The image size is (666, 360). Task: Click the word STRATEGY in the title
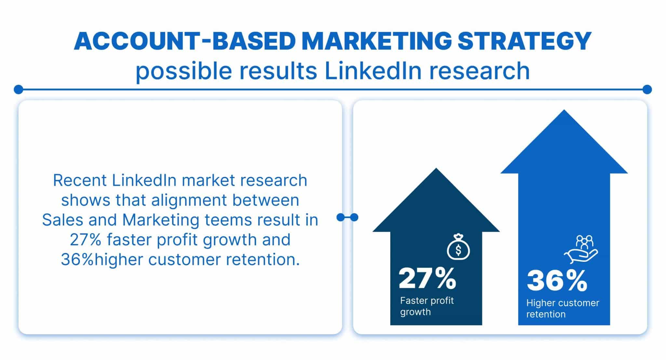click(x=524, y=41)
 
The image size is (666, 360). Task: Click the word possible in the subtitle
click(x=183, y=71)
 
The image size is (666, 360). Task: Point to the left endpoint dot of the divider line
click(x=19, y=89)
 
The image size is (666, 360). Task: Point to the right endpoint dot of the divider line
click(x=647, y=89)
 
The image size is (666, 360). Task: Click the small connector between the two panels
click(x=347, y=217)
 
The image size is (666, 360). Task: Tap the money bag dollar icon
click(x=458, y=248)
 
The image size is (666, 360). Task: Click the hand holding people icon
click(x=581, y=250)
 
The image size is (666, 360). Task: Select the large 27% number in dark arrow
click(x=427, y=278)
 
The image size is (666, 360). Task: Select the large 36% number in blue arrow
click(x=557, y=281)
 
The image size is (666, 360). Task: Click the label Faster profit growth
click(x=427, y=306)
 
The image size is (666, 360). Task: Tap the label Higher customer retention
click(x=562, y=308)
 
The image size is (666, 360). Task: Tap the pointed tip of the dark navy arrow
click(x=436, y=169)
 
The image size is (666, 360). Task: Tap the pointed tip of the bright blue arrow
click(x=564, y=111)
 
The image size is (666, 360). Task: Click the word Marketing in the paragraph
click(x=161, y=220)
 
